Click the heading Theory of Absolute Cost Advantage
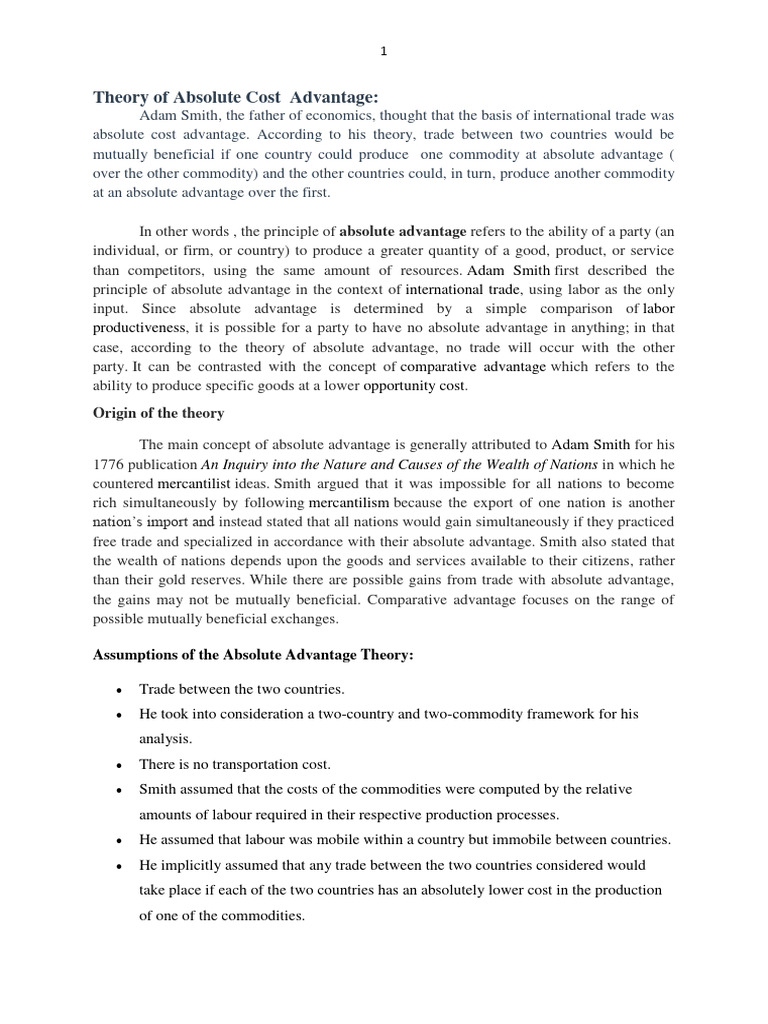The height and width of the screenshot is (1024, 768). (236, 97)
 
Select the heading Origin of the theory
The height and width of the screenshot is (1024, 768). (159, 413)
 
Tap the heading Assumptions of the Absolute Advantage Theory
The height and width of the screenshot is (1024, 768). (253, 655)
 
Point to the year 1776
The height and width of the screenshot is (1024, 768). (111, 465)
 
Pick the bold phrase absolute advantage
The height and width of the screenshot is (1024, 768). (403, 232)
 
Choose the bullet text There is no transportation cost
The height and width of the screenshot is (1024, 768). (235, 765)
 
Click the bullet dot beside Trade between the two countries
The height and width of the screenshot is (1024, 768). (120, 690)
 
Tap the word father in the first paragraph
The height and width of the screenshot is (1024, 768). (259, 116)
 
